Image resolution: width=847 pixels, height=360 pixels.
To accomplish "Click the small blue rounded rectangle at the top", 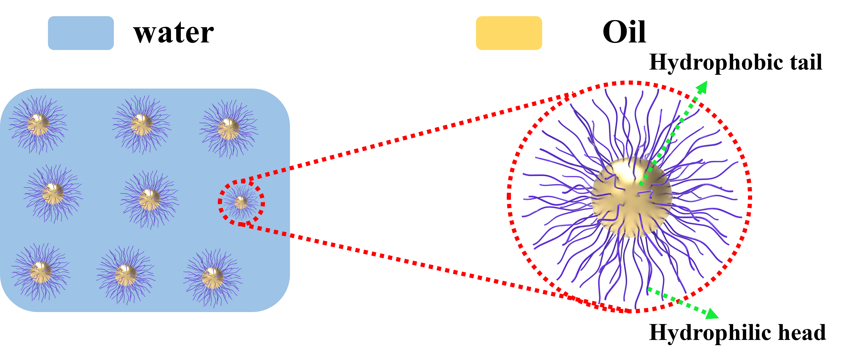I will click(81, 33).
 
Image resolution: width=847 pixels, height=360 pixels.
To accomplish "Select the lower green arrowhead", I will click(712, 314).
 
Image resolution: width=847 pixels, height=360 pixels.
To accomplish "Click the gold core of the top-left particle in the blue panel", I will click(38, 125).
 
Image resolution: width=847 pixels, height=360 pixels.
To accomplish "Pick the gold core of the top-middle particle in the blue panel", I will click(141, 125).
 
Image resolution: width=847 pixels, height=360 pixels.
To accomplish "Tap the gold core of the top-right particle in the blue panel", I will click(228, 129).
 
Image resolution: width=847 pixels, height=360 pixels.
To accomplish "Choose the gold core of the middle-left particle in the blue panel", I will click(53, 194).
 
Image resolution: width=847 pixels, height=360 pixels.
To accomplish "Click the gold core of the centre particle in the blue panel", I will click(149, 199).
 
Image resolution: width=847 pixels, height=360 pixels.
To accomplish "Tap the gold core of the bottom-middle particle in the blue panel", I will click(126, 275).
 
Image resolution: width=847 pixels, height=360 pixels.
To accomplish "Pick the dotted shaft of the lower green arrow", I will click(677, 301).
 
